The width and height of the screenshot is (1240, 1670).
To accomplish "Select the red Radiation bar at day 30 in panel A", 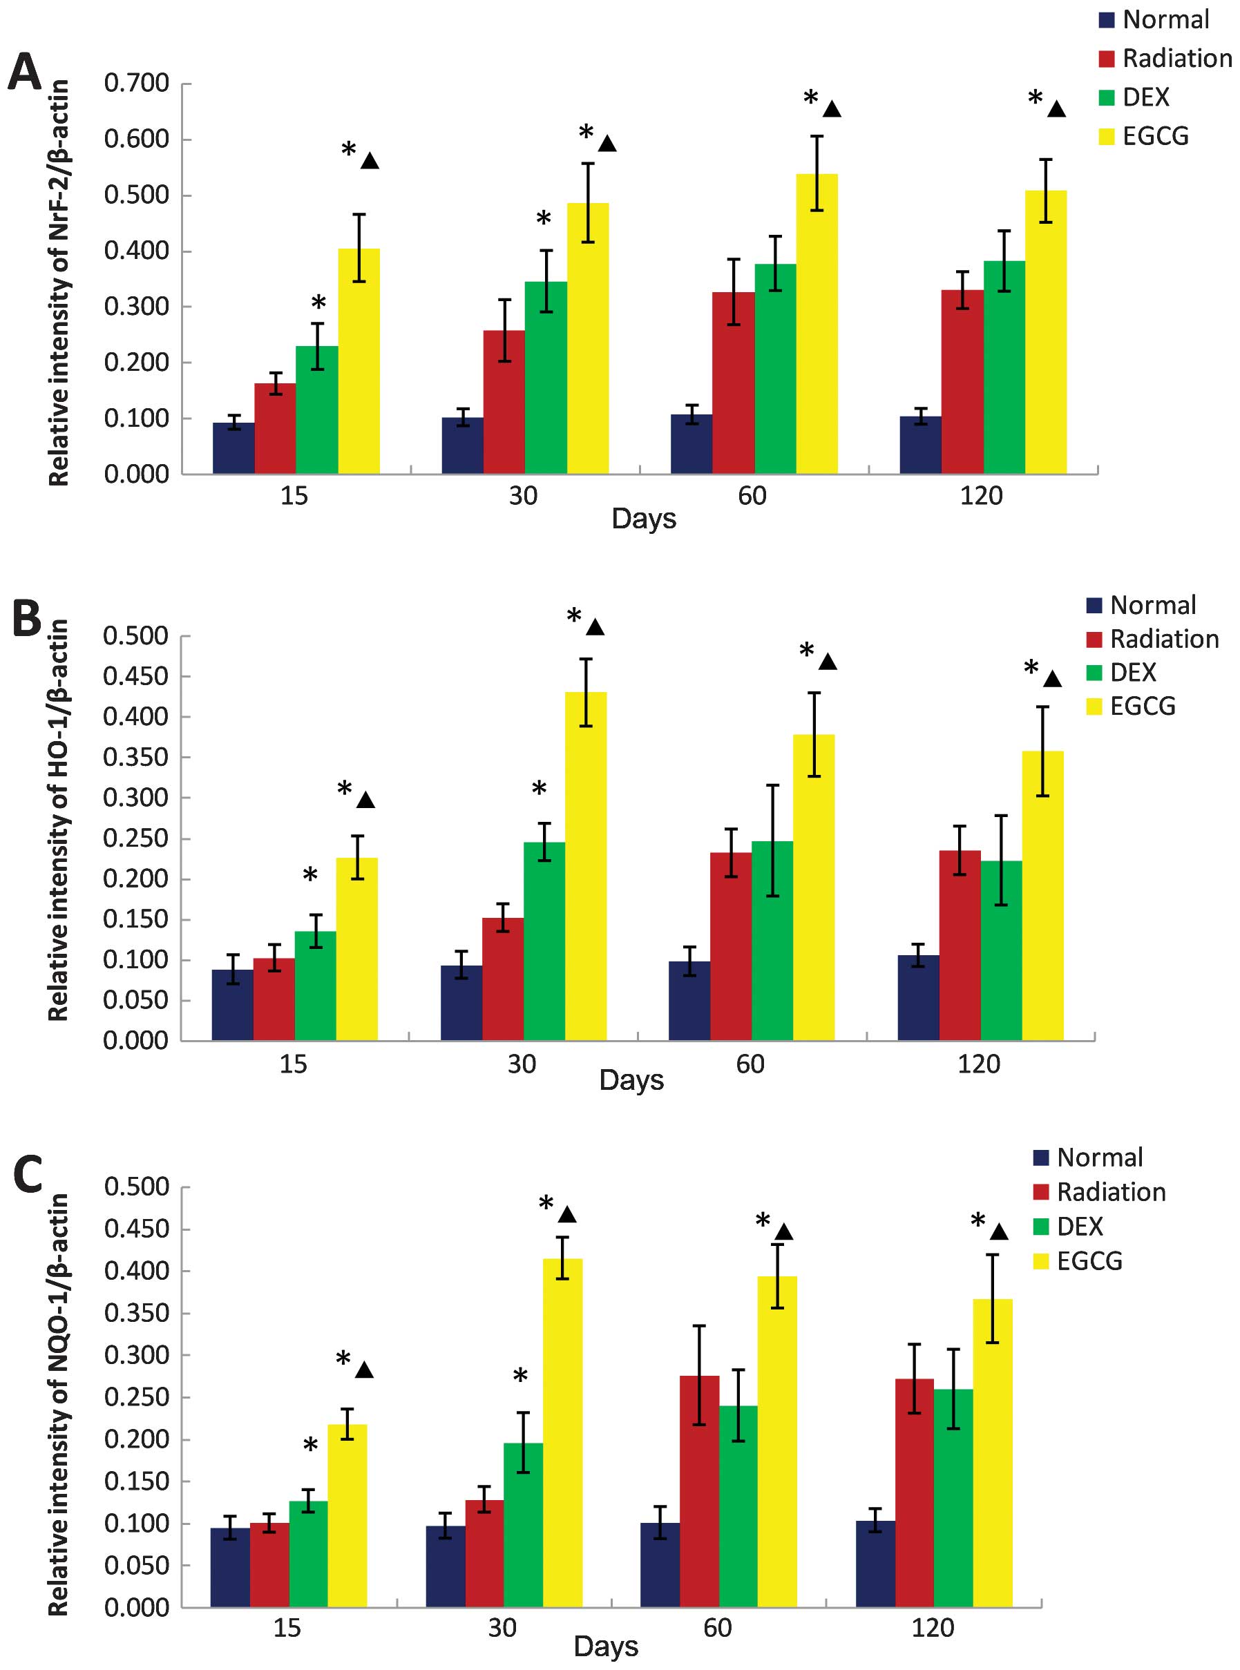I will point(504,401).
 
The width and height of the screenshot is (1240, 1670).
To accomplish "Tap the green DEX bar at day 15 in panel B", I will point(315,985).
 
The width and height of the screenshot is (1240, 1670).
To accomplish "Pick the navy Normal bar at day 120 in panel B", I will point(917,997).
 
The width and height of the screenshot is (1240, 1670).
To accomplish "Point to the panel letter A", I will point(25,73).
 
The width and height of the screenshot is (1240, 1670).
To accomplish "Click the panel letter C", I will point(28,1174).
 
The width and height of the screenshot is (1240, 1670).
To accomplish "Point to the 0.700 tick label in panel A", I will point(137,84).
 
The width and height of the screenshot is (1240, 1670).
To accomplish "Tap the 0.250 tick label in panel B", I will point(136,838).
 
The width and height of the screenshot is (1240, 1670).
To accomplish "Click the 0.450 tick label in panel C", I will point(137,1229).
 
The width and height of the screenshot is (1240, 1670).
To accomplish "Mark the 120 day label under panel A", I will point(981,496).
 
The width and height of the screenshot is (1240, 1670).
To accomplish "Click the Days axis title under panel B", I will point(631,1080).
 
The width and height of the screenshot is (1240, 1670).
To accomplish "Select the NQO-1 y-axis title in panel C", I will point(59,1403).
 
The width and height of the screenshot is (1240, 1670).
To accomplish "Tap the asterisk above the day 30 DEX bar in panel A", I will point(544,218).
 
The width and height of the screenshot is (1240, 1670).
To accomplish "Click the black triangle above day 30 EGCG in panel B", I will point(595,627).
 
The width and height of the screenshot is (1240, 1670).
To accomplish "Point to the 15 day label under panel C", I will point(287,1628).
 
